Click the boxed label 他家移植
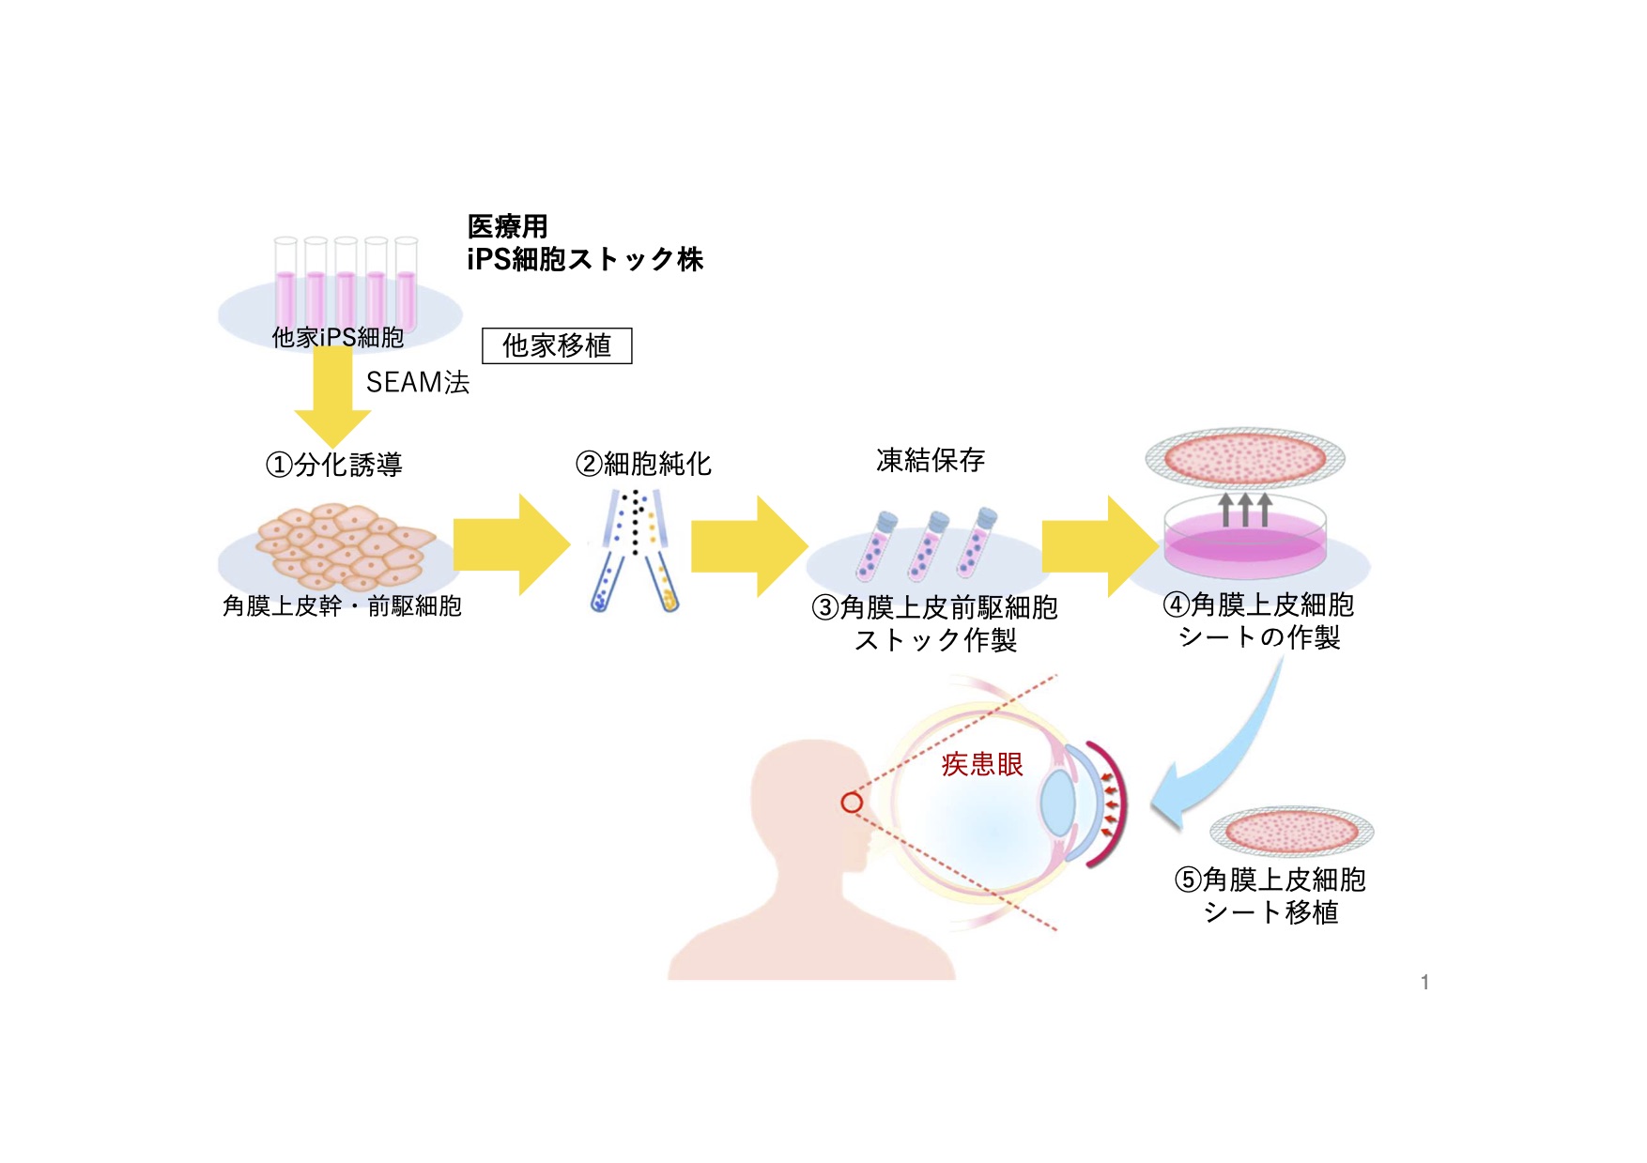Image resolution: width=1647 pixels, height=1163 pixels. tap(557, 345)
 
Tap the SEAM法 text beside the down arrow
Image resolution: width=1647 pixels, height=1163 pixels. tap(418, 382)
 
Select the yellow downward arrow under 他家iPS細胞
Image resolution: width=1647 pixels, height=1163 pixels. tap(332, 399)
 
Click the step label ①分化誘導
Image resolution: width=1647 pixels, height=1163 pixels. tap(334, 465)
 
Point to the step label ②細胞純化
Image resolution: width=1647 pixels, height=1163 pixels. tap(644, 464)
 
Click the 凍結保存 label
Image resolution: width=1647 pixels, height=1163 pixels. tap(931, 460)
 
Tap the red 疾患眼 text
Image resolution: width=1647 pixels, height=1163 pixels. tap(982, 764)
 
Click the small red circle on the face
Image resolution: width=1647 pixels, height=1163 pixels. tap(852, 803)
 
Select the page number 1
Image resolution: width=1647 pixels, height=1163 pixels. tap(1424, 982)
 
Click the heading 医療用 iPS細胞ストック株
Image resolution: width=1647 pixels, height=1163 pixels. tap(584, 243)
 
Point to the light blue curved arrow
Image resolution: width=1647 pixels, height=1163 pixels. tap(1230, 751)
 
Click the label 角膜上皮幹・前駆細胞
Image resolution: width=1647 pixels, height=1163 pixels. tap(342, 606)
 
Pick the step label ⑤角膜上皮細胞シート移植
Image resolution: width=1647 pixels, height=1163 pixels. tap(1270, 895)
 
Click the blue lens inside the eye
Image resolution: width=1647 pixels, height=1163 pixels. tap(1058, 803)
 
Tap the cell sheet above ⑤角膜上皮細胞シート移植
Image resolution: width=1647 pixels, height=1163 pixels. tap(1291, 831)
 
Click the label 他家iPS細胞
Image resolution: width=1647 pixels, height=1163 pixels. tap(338, 337)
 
